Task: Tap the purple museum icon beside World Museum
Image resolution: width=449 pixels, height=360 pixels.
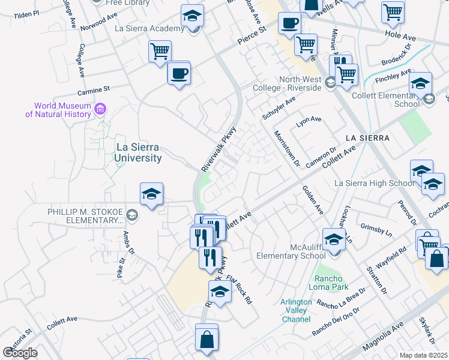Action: tap(100, 109)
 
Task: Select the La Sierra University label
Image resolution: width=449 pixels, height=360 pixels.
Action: tap(130, 153)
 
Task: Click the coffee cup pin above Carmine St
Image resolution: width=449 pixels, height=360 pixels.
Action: tap(179, 74)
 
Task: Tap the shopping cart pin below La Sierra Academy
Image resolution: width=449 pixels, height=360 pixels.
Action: tap(160, 52)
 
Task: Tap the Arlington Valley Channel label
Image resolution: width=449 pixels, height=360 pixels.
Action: tap(296, 311)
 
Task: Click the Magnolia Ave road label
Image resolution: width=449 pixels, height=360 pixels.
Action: tap(381, 337)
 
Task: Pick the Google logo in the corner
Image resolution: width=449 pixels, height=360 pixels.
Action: tap(19, 353)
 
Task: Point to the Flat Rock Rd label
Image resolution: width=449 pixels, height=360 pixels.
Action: tap(240, 289)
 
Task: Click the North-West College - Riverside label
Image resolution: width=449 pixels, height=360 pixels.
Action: tap(300, 84)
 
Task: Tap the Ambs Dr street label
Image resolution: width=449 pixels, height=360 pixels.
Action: tap(128, 243)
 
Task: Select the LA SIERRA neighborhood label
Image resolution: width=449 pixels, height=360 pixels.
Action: tap(367, 138)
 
